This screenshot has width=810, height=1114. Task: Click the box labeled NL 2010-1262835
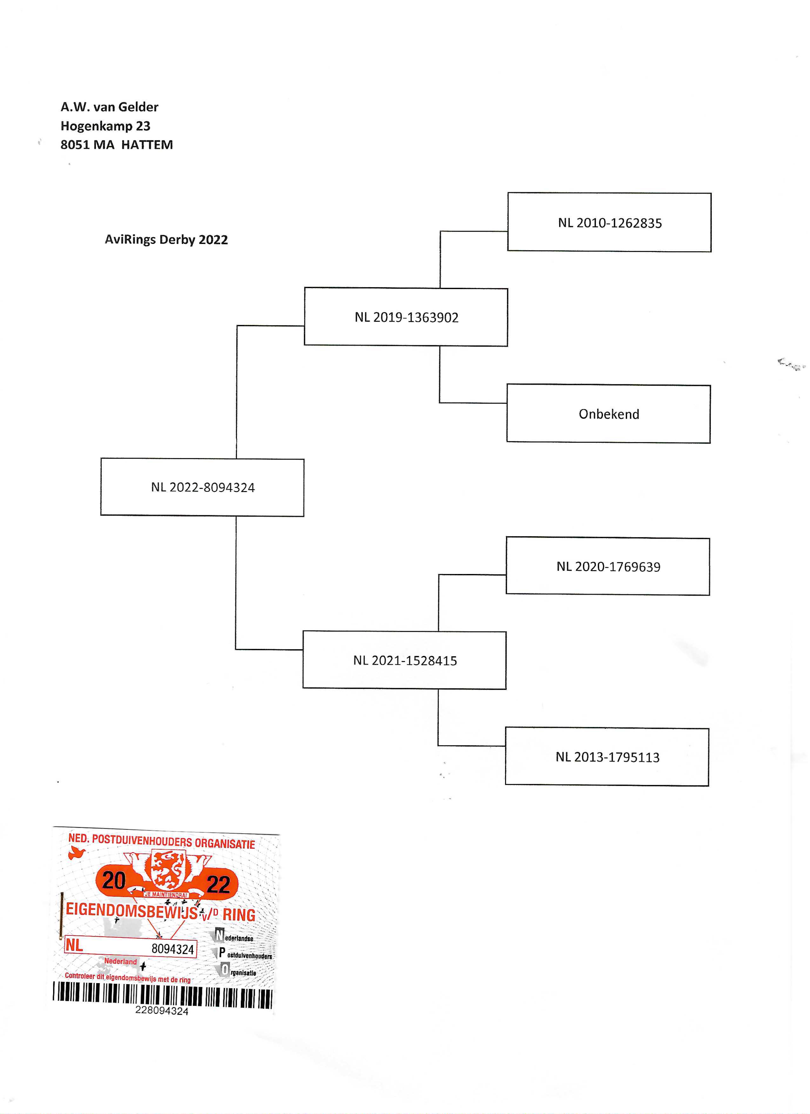[609, 222]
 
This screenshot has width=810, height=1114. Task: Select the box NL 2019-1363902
[406, 317]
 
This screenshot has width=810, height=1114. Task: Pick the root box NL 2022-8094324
[202, 487]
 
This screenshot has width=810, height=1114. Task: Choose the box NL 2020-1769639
[608, 566]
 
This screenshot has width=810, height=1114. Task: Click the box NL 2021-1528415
[405, 660]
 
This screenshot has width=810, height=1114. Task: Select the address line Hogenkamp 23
[105, 126]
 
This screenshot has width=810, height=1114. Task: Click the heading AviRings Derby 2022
[166, 240]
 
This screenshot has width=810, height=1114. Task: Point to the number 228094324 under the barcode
[162, 1010]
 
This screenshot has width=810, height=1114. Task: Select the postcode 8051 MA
[87, 145]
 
